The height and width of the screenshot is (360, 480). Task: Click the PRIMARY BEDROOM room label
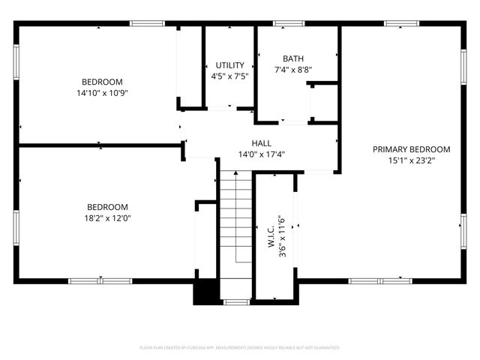411,149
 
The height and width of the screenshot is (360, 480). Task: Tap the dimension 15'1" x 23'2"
411,160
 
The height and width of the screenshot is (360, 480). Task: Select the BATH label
293,58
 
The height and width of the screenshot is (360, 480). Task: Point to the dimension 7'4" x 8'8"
293,70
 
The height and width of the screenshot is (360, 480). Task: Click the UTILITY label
229,65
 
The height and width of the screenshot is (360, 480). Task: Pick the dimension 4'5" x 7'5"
229,76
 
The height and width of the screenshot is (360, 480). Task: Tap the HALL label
261,143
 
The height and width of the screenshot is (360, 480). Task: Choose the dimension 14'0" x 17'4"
261,154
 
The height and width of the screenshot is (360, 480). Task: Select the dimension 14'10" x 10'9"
102,93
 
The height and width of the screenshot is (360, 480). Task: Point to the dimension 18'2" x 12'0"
107,218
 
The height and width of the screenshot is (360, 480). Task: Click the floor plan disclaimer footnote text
240,348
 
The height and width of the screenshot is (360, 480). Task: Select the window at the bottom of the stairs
237,301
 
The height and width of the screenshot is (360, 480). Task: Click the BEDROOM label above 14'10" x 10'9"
102,82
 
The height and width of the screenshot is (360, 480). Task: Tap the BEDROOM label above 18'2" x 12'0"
107,207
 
